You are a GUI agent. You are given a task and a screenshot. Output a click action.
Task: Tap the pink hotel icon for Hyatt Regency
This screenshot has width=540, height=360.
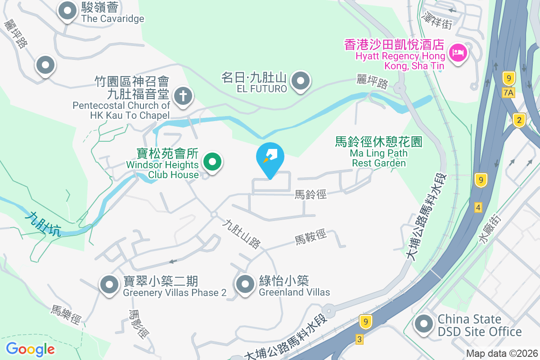[458, 53]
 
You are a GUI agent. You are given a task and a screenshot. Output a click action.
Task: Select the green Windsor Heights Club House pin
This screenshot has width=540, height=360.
[213, 161]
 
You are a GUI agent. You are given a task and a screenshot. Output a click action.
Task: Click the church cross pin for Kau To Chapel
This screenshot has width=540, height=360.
[183, 96]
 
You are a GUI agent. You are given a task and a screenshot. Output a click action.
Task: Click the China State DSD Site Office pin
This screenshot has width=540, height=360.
[423, 324]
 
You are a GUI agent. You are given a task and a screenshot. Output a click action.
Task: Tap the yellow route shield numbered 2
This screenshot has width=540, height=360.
[519, 120]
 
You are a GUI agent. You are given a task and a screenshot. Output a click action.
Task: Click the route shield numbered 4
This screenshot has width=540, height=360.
[478, 207]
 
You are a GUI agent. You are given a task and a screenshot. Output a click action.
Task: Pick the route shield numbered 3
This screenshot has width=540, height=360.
[359, 339]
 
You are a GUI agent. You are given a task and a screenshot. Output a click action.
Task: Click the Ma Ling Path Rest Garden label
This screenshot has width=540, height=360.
[378, 153]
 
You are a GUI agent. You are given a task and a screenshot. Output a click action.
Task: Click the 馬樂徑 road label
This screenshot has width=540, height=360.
[66, 315]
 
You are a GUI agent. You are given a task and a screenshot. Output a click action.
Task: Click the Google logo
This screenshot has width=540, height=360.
[30, 349]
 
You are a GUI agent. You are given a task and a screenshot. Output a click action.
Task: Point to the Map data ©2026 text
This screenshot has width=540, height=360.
[502, 354]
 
